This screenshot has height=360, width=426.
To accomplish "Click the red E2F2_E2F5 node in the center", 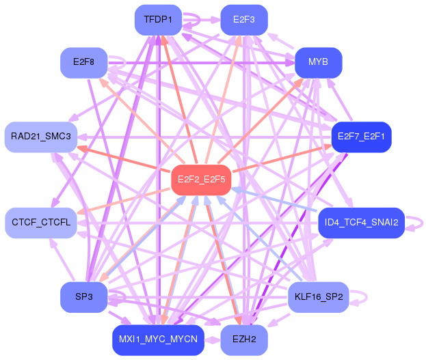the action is coord(201,180).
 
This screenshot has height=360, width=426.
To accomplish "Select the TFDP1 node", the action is coord(158,20).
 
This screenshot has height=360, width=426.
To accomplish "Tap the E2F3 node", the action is coord(244,20).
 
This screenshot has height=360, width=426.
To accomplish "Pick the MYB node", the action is coord(318,63).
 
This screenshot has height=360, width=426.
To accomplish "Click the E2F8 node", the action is coord(83,63).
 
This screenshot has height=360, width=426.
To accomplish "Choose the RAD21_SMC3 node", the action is coord(41,137).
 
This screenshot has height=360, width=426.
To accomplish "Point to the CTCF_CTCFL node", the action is coord(41,223).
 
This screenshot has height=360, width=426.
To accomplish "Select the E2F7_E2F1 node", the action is coord(361,137).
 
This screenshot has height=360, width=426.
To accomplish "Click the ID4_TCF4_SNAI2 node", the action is coord(361,223).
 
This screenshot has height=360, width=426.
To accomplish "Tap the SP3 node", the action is coord(83,297).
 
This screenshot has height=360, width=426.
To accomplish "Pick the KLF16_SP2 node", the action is coord(318,297).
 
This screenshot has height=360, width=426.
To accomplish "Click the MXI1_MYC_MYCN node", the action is coord(158,340).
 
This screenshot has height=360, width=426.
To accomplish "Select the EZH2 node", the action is coord(244,340).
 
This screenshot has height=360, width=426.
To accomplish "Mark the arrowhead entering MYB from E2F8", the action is coord(290,63).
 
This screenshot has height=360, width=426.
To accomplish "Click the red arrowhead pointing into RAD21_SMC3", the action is coord(82,149).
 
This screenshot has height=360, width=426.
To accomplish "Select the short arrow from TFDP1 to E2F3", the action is coord(201,20).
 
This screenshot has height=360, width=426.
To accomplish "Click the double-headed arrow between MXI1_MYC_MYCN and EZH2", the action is coord(212,340).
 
